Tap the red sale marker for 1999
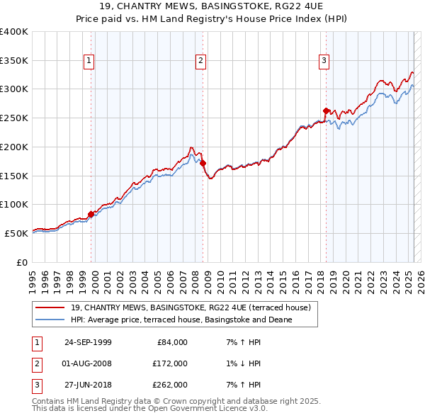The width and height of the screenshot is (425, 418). [91, 213]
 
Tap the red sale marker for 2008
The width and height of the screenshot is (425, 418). [203, 163]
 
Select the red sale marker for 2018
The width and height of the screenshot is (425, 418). [326, 111]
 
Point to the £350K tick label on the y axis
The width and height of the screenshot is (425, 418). [14, 60]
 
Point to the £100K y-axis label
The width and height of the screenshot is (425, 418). [14, 204]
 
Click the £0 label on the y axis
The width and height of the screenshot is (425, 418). [21, 262]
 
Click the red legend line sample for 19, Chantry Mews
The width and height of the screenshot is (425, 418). [50, 307]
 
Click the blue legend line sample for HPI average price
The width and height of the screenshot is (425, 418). [50, 320]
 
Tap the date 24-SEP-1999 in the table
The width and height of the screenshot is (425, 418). [88, 342]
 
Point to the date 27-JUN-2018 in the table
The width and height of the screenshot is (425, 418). [88, 385]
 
